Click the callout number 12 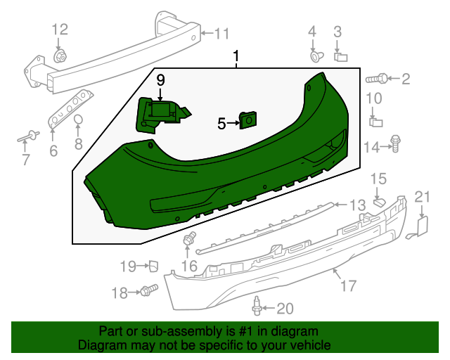(x=60, y=30)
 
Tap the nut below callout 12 (x=60, y=56)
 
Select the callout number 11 (x=221, y=34)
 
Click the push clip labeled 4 (x=316, y=56)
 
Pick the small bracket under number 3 (x=340, y=57)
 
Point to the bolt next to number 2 (x=377, y=78)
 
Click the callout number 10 (x=374, y=98)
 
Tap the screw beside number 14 (x=396, y=144)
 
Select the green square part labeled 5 (x=248, y=120)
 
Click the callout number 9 (x=161, y=80)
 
